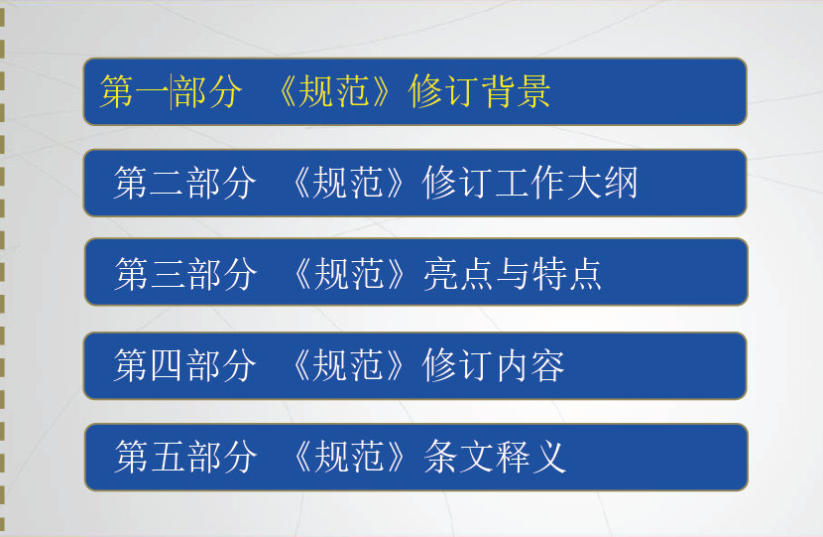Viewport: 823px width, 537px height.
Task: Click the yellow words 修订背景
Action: coord(479,91)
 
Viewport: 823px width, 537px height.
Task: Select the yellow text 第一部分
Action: coord(172,91)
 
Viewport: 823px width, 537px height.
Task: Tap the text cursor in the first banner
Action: coord(171,91)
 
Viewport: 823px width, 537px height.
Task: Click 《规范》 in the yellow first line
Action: coord(334,91)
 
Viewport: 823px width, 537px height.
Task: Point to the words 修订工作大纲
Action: coord(530,183)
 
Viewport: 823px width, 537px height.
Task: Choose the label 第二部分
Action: coord(184,183)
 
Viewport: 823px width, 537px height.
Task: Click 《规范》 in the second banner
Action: coord(348,183)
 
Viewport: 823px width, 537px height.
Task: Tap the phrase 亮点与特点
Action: coord(513,274)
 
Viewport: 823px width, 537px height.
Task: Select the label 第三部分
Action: coord(185,274)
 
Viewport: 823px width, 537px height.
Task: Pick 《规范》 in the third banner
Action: coord(349,274)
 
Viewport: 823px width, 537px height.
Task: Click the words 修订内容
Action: coord(494,365)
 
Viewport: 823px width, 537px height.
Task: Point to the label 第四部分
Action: coord(184,365)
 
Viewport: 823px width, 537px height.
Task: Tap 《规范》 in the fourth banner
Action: coord(348,365)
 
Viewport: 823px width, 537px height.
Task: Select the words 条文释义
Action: coord(495,457)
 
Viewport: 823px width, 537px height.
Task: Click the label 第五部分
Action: coord(185,457)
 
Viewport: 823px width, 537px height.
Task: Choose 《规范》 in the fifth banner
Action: coord(349,457)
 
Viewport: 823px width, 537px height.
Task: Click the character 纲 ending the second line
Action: coord(621,183)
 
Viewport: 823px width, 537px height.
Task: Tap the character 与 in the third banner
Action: coord(513,274)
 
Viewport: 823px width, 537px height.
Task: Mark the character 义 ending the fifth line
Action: coord(549,457)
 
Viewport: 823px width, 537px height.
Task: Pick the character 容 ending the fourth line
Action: coord(547,365)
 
